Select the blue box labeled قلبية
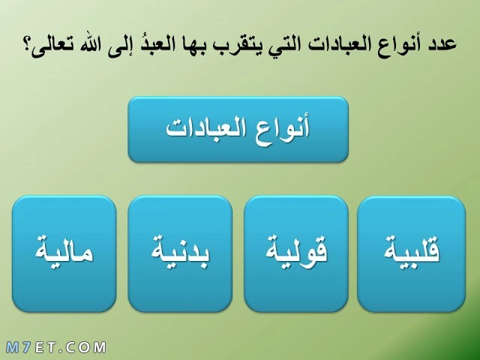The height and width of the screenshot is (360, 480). tap(412, 253)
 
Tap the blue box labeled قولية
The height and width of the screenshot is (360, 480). tap(296, 253)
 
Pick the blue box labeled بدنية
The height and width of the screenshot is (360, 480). tap(180, 253)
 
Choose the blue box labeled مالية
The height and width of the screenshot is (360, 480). tap(64, 253)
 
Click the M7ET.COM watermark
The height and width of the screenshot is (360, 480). tap(55, 348)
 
